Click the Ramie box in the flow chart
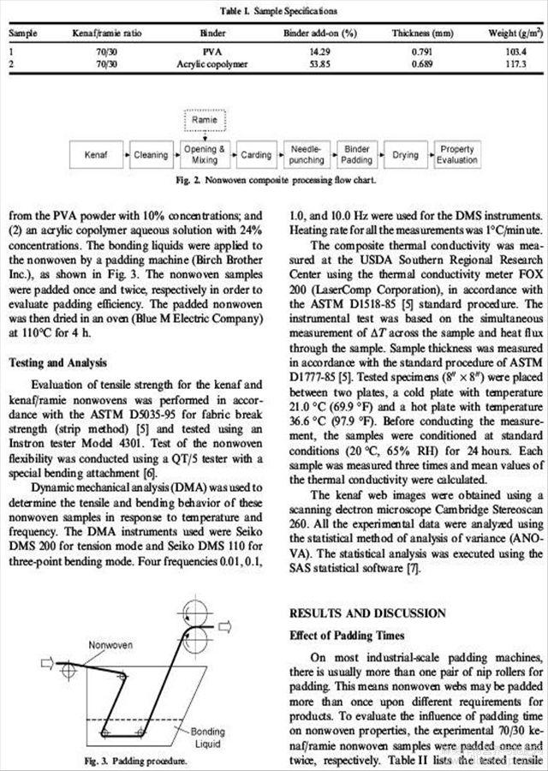click(x=204, y=121)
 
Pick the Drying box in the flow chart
click(x=405, y=155)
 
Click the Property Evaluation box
click(x=457, y=155)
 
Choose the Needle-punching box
click(x=306, y=155)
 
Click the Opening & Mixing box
click(x=204, y=155)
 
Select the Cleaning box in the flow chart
click(x=150, y=155)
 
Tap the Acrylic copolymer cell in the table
click(x=211, y=64)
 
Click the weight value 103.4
click(x=515, y=52)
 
